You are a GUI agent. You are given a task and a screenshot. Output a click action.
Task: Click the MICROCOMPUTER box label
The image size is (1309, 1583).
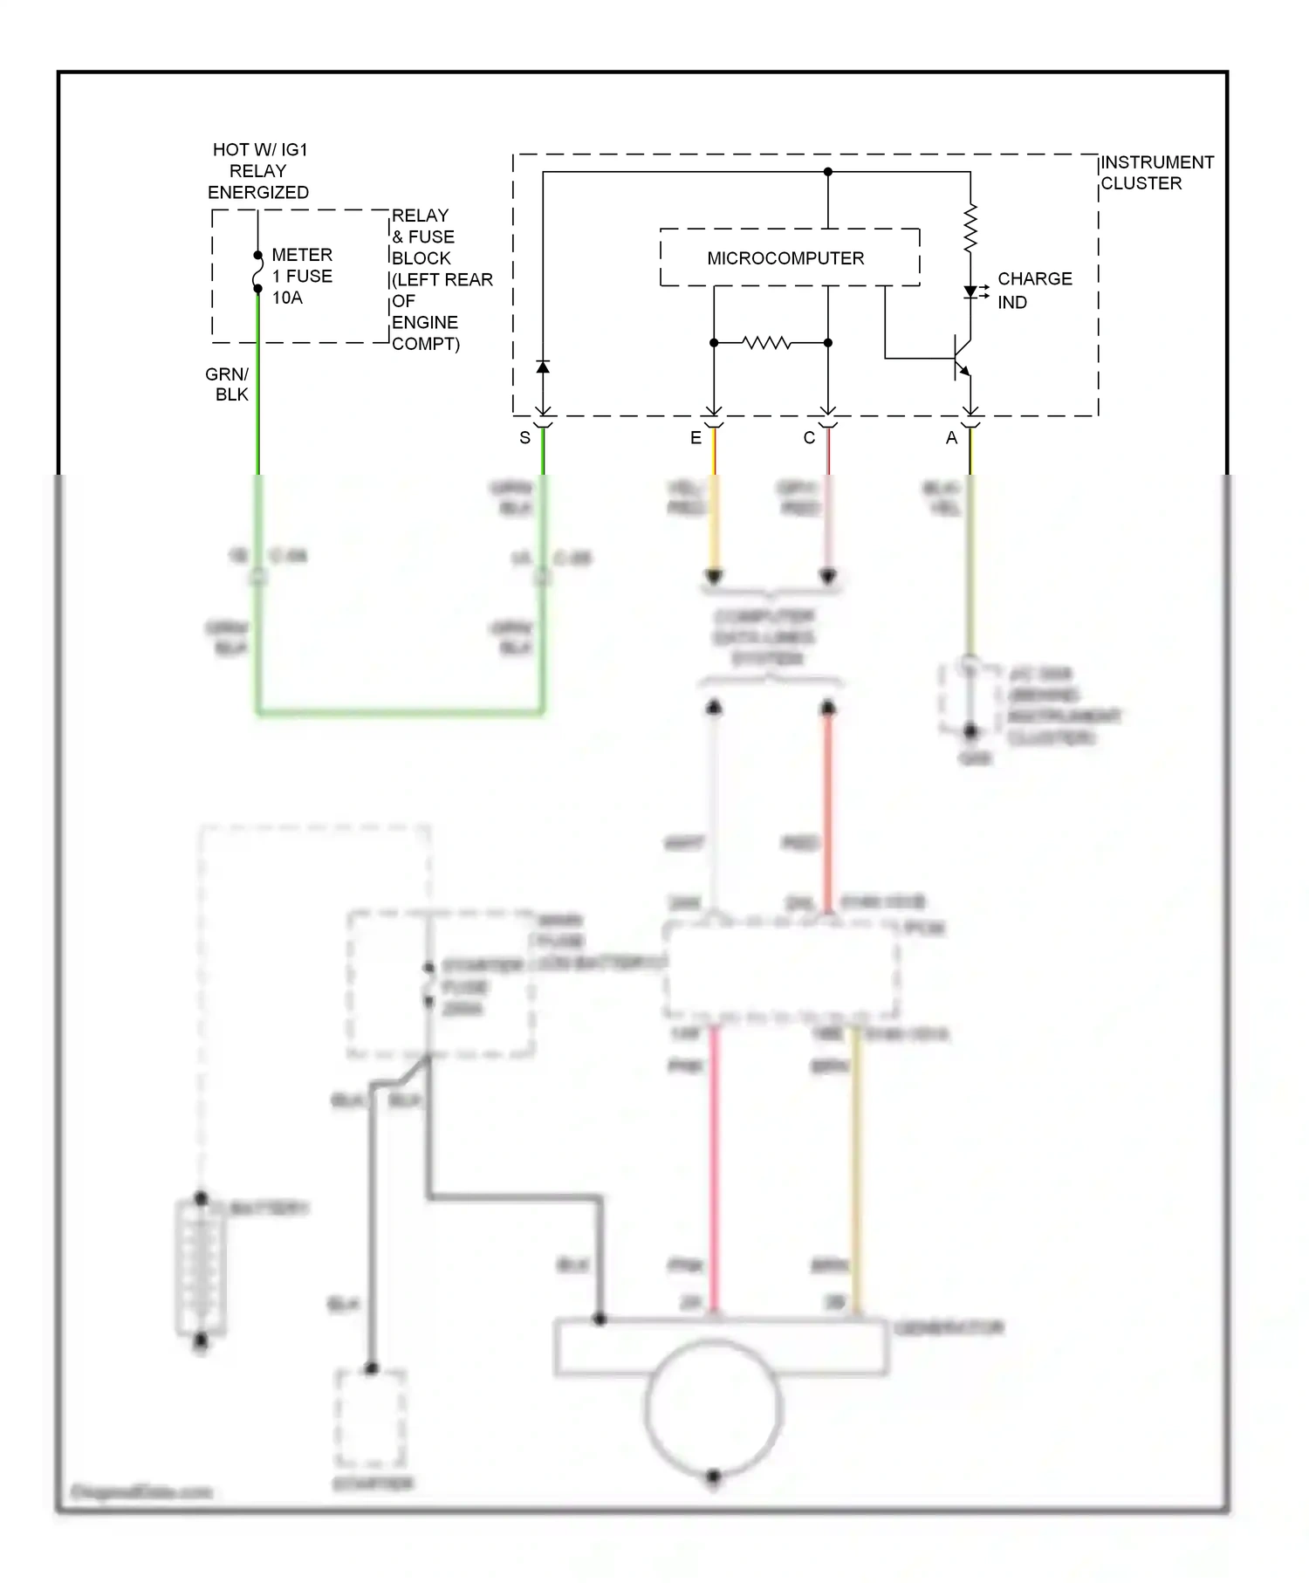pyautogui.click(x=785, y=258)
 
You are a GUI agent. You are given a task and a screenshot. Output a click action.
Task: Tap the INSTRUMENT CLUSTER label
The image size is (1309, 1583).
pyautogui.click(x=1155, y=173)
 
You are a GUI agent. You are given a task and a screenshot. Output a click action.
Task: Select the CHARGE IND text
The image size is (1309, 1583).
pyautogui.click(x=1033, y=290)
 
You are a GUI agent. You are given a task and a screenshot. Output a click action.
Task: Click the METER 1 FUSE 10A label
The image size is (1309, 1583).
pyautogui.click(x=301, y=276)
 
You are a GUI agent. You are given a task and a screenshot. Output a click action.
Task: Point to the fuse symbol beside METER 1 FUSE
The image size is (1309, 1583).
pyautogui.click(x=257, y=271)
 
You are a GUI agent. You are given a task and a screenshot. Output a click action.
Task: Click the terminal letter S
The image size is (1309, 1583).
pyautogui.click(x=524, y=438)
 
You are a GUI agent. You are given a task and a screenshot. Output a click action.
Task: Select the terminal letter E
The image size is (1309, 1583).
pyautogui.click(x=696, y=438)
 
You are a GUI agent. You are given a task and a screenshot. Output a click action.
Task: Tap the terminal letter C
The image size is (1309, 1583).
pyautogui.click(x=809, y=438)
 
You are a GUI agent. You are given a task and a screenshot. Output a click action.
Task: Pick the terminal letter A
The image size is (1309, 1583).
pyautogui.click(x=951, y=438)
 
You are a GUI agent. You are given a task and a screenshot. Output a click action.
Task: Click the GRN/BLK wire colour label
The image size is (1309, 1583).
pyautogui.click(x=228, y=384)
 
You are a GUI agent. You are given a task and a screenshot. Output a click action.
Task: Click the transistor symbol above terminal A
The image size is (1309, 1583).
pyautogui.click(x=960, y=358)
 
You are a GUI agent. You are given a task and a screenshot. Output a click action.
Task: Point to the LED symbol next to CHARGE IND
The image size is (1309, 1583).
pyautogui.click(x=970, y=292)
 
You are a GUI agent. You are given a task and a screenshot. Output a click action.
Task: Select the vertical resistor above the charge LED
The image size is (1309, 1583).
pyautogui.click(x=970, y=229)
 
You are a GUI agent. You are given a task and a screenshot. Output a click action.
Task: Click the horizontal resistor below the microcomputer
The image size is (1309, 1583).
pyautogui.click(x=767, y=343)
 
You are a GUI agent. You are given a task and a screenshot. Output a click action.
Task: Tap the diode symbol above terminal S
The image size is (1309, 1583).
pyautogui.click(x=543, y=367)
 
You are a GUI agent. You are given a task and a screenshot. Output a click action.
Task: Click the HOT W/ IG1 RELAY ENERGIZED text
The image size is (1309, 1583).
pyautogui.click(x=258, y=171)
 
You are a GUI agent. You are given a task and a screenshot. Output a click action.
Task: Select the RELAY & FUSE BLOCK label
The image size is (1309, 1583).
pyautogui.click(x=441, y=279)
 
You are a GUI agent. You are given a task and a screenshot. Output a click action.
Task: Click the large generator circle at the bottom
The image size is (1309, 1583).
pyautogui.click(x=713, y=1408)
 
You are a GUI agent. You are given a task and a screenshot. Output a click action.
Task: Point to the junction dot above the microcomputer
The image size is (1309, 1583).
pyautogui.click(x=828, y=172)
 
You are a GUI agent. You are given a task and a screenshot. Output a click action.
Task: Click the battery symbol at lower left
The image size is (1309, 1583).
pyautogui.click(x=201, y=1268)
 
